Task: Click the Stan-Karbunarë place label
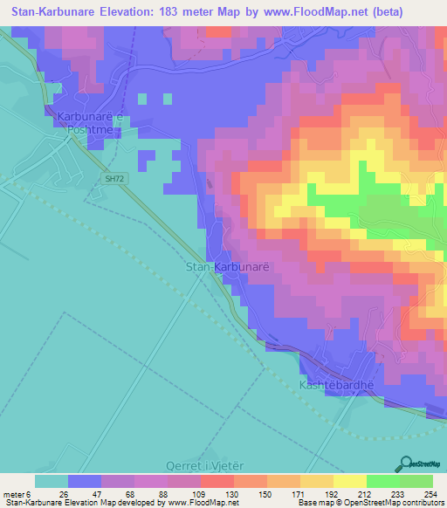[221, 267]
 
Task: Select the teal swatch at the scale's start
[52, 481]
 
